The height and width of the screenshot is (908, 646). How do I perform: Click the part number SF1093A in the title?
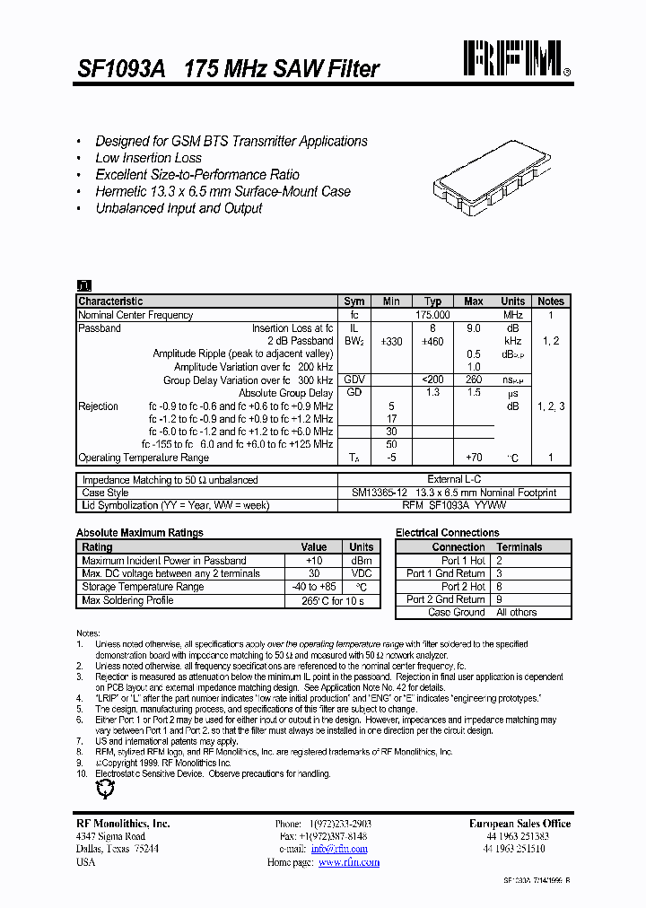(115, 69)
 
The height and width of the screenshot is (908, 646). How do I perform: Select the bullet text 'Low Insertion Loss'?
(148, 158)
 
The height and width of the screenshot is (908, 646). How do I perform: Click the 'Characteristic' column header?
(110, 301)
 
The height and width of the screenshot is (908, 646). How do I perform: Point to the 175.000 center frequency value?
(432, 315)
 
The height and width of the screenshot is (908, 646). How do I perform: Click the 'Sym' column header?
(354, 301)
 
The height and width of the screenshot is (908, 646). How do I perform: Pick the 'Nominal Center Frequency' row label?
(135, 315)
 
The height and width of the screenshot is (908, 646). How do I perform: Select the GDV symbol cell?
(354, 380)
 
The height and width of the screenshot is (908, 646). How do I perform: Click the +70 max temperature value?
(474, 458)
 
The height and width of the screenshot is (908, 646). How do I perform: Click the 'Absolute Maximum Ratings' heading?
(139, 533)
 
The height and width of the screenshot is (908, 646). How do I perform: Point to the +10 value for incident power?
(314, 561)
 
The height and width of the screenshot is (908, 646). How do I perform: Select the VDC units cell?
(362, 573)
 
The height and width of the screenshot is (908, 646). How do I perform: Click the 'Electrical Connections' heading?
(447, 533)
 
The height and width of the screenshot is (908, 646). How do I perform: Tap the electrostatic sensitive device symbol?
(106, 790)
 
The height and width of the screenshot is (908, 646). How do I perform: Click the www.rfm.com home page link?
(349, 862)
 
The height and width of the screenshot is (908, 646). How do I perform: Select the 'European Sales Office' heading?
(519, 824)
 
